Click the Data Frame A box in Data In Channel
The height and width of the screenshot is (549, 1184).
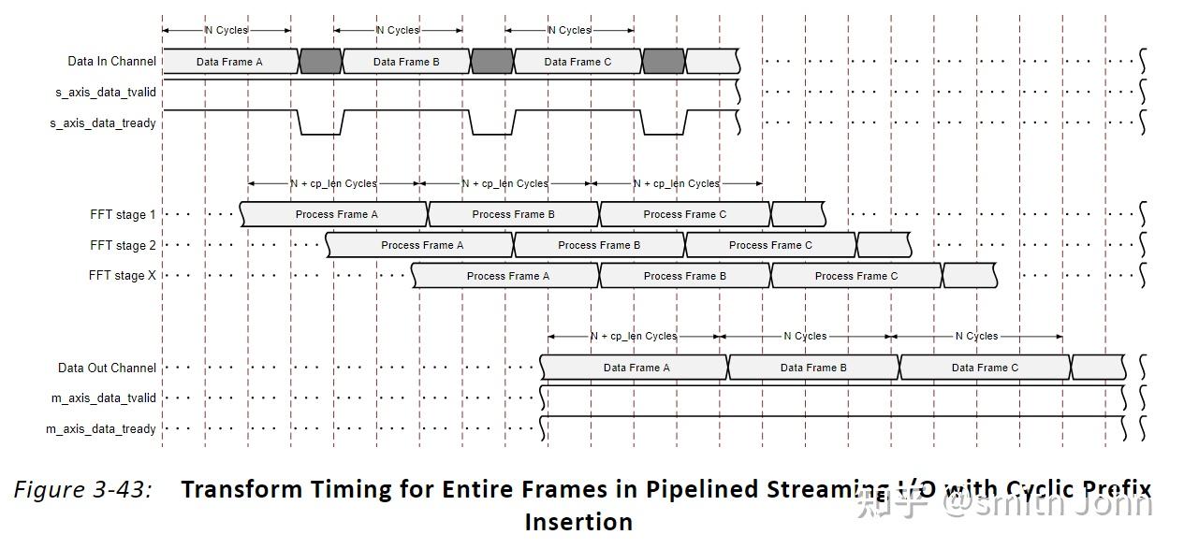pos(230,62)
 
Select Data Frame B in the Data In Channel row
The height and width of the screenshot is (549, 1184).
pos(406,62)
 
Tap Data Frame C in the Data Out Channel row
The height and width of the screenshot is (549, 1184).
pos(985,368)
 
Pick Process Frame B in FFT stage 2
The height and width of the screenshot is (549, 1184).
pos(599,245)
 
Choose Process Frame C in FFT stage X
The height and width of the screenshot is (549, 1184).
pos(856,276)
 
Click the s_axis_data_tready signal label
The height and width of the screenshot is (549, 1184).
pos(103,123)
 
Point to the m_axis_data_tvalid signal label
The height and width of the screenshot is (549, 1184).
pos(103,397)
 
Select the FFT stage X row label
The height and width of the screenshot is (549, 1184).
pos(122,275)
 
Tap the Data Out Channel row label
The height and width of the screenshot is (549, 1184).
pos(107,368)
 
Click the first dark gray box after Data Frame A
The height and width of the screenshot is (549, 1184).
pos(321,62)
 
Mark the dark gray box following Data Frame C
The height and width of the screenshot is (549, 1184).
pos(664,62)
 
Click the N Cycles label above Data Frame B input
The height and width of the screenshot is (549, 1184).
pos(398,30)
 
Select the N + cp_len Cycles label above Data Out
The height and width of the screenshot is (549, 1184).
pos(634,336)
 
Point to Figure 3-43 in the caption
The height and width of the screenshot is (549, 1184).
pos(82,489)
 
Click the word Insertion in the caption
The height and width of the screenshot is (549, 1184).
pos(578,522)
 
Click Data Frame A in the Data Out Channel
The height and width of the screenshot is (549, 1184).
pos(636,368)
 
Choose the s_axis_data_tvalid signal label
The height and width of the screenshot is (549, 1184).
pos(106,93)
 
